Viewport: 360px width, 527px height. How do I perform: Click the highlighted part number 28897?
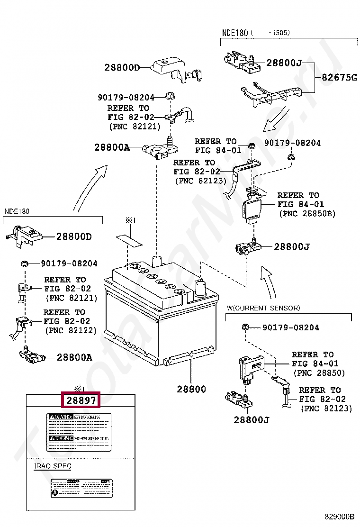click(81, 400)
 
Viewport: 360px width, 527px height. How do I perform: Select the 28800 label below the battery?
click(191, 389)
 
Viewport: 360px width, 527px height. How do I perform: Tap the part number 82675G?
click(339, 77)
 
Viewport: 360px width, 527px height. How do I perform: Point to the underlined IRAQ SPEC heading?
click(53, 466)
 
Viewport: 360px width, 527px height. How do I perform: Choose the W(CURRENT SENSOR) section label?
click(263, 308)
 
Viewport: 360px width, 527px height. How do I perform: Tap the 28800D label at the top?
click(122, 68)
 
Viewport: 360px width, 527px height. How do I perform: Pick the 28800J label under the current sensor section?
click(251, 419)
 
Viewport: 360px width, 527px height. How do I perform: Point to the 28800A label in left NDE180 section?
click(74, 357)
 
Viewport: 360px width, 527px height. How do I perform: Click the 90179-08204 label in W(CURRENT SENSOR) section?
click(290, 327)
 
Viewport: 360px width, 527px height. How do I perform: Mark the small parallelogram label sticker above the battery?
click(129, 239)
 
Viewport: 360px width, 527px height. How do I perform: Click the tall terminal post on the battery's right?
click(200, 287)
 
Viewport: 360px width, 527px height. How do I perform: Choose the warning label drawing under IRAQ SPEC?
click(81, 488)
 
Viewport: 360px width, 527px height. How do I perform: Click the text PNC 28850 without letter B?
click(319, 373)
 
